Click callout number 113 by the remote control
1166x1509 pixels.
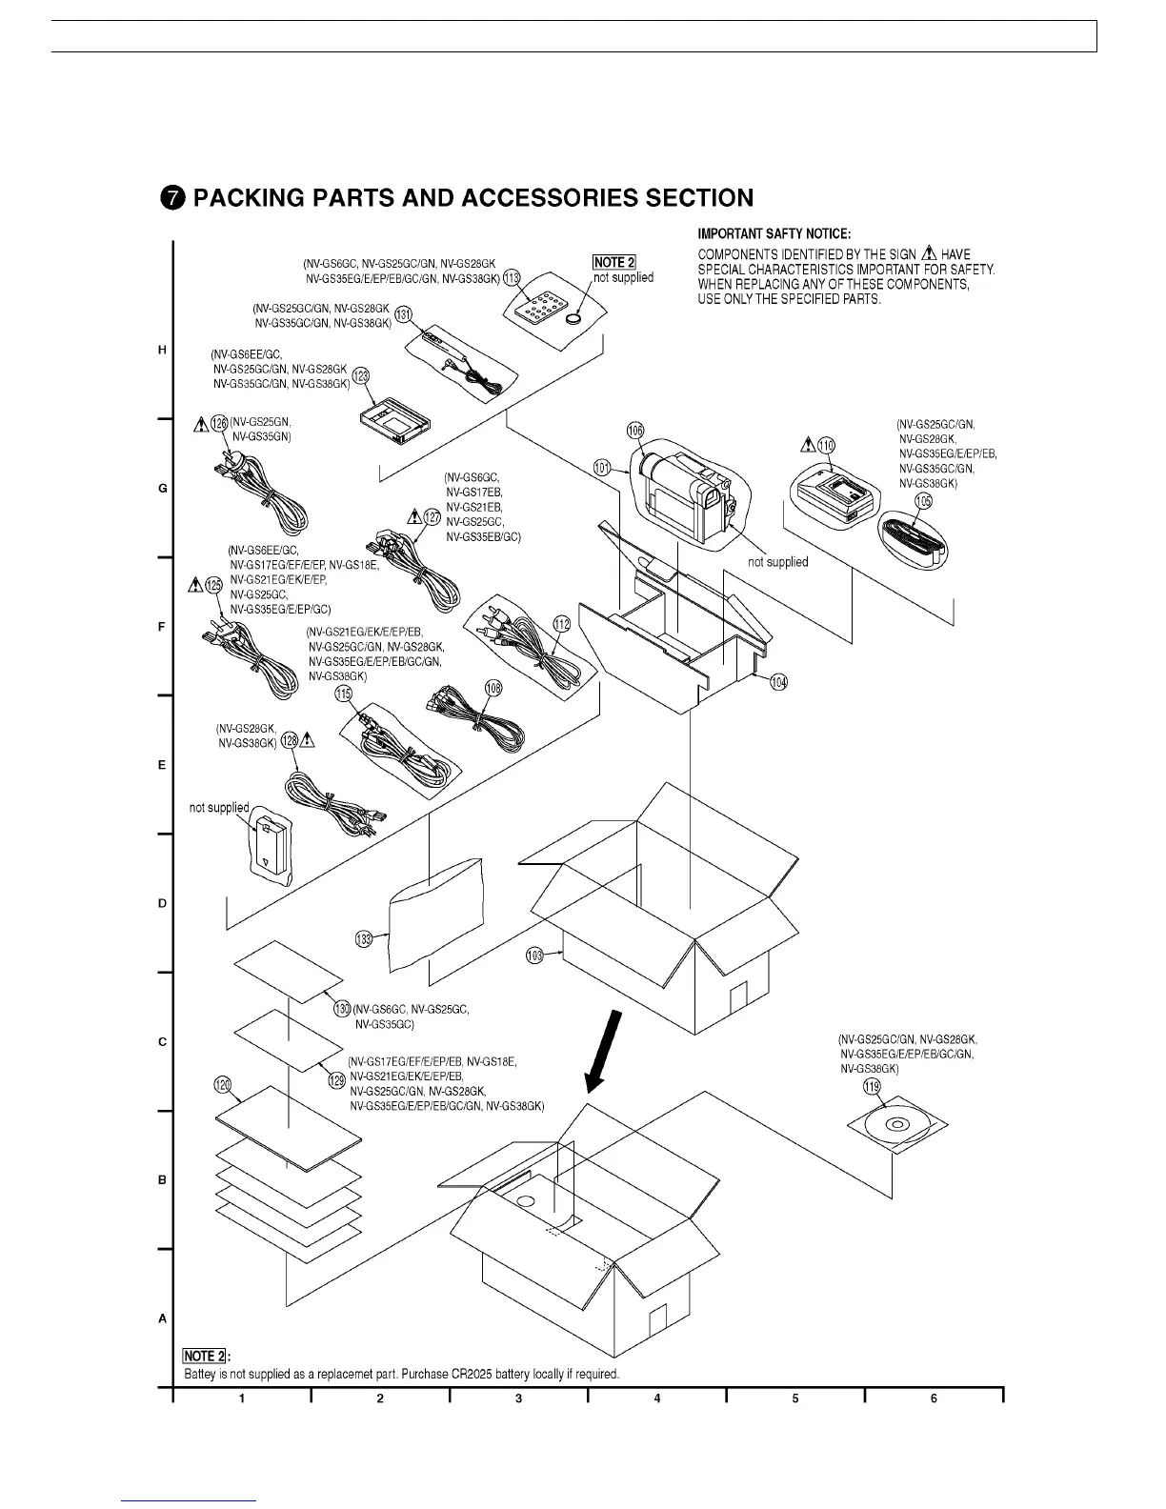(x=512, y=277)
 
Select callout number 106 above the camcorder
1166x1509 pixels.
(x=635, y=430)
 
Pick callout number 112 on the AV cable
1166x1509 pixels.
(x=562, y=624)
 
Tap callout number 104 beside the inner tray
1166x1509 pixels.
(x=779, y=682)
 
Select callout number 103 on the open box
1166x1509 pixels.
(x=535, y=954)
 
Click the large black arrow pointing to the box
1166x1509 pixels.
(x=605, y=1053)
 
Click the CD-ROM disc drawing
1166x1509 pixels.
(x=895, y=1125)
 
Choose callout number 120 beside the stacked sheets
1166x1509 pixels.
(x=222, y=1085)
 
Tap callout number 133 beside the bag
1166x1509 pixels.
(x=364, y=939)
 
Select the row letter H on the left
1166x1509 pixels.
(x=162, y=351)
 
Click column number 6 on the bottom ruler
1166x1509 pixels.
(x=934, y=1398)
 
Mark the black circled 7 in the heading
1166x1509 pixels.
(x=171, y=198)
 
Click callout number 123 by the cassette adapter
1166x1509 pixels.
(x=361, y=375)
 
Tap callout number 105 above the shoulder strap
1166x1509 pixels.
(x=923, y=501)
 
